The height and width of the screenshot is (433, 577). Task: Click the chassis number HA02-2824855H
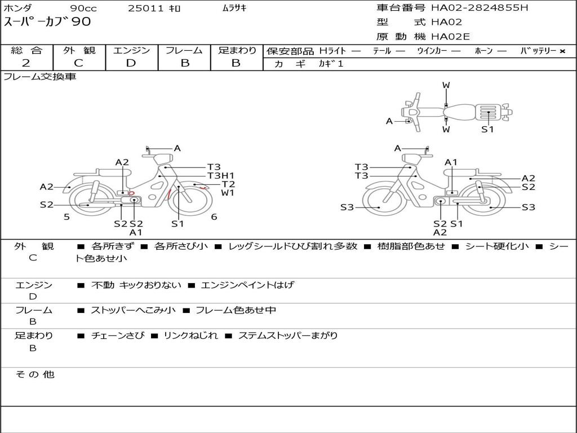[480, 7]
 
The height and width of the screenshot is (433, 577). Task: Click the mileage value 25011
[146, 8]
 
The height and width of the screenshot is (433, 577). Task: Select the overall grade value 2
[26, 63]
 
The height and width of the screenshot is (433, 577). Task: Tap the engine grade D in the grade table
[131, 63]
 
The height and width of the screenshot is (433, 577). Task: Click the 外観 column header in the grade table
[79, 50]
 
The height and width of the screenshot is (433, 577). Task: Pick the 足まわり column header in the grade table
[237, 50]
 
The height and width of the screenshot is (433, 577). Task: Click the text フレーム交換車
[40, 77]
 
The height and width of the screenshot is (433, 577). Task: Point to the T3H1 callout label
[220, 176]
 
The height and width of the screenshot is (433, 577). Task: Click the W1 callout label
[228, 193]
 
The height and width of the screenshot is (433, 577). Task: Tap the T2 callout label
[228, 184]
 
